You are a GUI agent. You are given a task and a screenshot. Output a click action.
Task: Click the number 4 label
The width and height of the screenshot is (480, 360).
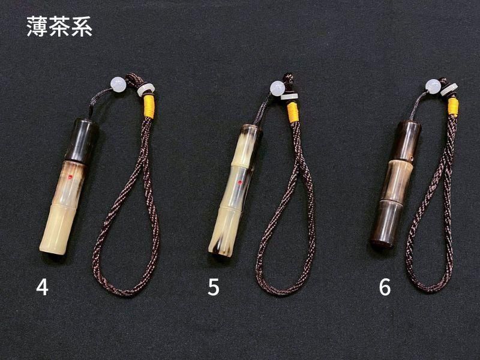coord(42,287)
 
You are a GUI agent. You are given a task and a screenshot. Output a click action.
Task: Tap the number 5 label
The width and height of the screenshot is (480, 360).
coord(214,287)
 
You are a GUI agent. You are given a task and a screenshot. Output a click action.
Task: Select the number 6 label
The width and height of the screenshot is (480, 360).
coord(385,287)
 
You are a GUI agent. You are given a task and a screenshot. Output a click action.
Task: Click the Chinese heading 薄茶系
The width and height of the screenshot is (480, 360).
coord(59,27)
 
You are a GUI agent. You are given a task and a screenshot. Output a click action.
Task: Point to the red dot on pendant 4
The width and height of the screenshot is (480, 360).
coord(70,176)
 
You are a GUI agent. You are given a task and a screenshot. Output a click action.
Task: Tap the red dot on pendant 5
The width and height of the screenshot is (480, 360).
coord(240,183)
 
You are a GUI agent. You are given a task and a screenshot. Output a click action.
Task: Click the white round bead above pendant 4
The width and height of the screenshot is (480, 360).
coord(118,85)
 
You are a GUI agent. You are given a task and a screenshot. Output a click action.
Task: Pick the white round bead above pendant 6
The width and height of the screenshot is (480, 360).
coord(433,86)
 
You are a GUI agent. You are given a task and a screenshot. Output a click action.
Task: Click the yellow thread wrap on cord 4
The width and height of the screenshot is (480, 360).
coord(149,106)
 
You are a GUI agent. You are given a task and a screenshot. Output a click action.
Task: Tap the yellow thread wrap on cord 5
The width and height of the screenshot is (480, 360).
coord(293,112)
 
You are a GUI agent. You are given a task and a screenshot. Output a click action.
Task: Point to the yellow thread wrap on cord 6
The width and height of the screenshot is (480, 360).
coord(454,107)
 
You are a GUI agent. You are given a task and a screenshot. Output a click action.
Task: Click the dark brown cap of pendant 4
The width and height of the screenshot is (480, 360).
coord(83,140)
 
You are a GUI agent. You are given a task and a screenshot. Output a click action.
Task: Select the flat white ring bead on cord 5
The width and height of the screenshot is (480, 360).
coord(289,97)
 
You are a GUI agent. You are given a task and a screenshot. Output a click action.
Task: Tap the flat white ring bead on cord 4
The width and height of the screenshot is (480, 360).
coord(146,89)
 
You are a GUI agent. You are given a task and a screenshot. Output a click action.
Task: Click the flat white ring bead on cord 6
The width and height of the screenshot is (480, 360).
coord(449,89)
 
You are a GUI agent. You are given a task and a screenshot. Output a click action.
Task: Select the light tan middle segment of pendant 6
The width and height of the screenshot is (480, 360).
coord(395,181)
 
